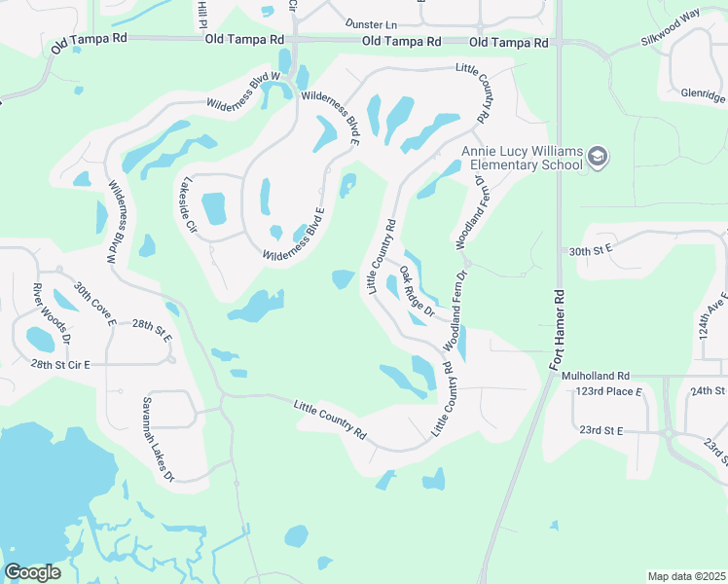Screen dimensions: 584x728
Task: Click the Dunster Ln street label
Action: tap(373, 22)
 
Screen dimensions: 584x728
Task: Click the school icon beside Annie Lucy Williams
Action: tap(599, 158)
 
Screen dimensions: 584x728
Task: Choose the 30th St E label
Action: tap(590, 249)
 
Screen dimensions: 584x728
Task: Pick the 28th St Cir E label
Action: tap(59, 364)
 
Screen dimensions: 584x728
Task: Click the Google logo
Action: tap(32, 571)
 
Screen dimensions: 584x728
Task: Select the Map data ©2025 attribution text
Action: tap(685, 576)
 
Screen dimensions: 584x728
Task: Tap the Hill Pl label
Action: tap(203, 13)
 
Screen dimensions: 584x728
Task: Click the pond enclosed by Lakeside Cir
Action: tap(213, 207)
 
